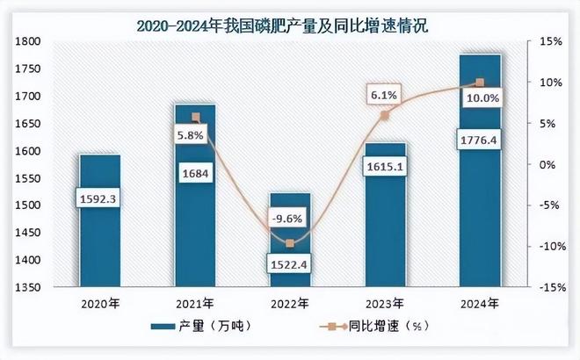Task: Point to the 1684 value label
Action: (x=194, y=173)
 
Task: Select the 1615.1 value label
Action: (x=383, y=166)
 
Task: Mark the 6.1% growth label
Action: (x=383, y=94)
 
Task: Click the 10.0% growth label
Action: (x=482, y=98)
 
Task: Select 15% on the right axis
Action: (x=550, y=41)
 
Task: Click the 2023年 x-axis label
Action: (x=385, y=304)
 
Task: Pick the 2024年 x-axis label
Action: (x=480, y=304)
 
